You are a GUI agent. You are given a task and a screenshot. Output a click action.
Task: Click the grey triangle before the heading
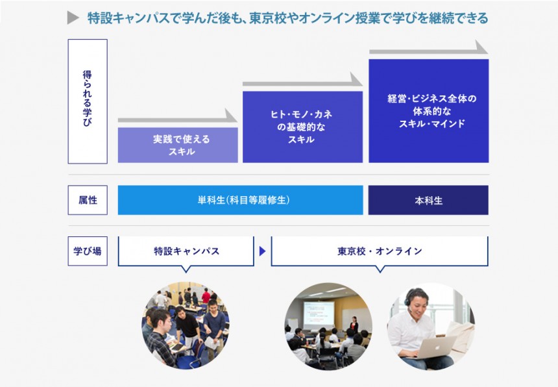click(x=72, y=18)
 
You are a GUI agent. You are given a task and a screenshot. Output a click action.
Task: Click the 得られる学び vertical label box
click(x=88, y=101)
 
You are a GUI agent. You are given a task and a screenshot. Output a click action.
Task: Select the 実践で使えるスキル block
click(x=178, y=145)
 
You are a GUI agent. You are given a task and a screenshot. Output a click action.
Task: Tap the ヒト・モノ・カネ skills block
click(x=302, y=127)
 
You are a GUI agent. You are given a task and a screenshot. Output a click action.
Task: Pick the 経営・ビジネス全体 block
click(x=428, y=111)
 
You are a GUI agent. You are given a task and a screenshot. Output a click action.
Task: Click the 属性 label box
click(x=88, y=200)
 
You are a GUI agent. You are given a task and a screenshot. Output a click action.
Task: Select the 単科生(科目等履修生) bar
click(x=240, y=200)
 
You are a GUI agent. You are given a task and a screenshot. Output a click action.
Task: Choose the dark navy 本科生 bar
click(x=428, y=200)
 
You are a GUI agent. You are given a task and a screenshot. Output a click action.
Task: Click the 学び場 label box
click(x=88, y=251)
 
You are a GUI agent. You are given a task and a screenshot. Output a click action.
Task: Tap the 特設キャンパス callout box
click(x=186, y=251)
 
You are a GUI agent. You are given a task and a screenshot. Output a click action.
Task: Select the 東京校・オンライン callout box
click(x=380, y=251)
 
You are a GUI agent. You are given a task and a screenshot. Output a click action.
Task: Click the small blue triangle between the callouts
click(x=263, y=251)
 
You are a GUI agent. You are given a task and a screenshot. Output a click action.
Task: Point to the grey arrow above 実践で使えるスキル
click(x=178, y=118)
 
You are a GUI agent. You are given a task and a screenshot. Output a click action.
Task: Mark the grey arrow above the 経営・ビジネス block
click(x=428, y=49)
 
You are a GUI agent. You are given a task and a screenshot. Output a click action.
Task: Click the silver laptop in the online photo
click(x=433, y=347)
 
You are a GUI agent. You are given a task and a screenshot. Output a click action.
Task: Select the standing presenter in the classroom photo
click(x=354, y=325)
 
